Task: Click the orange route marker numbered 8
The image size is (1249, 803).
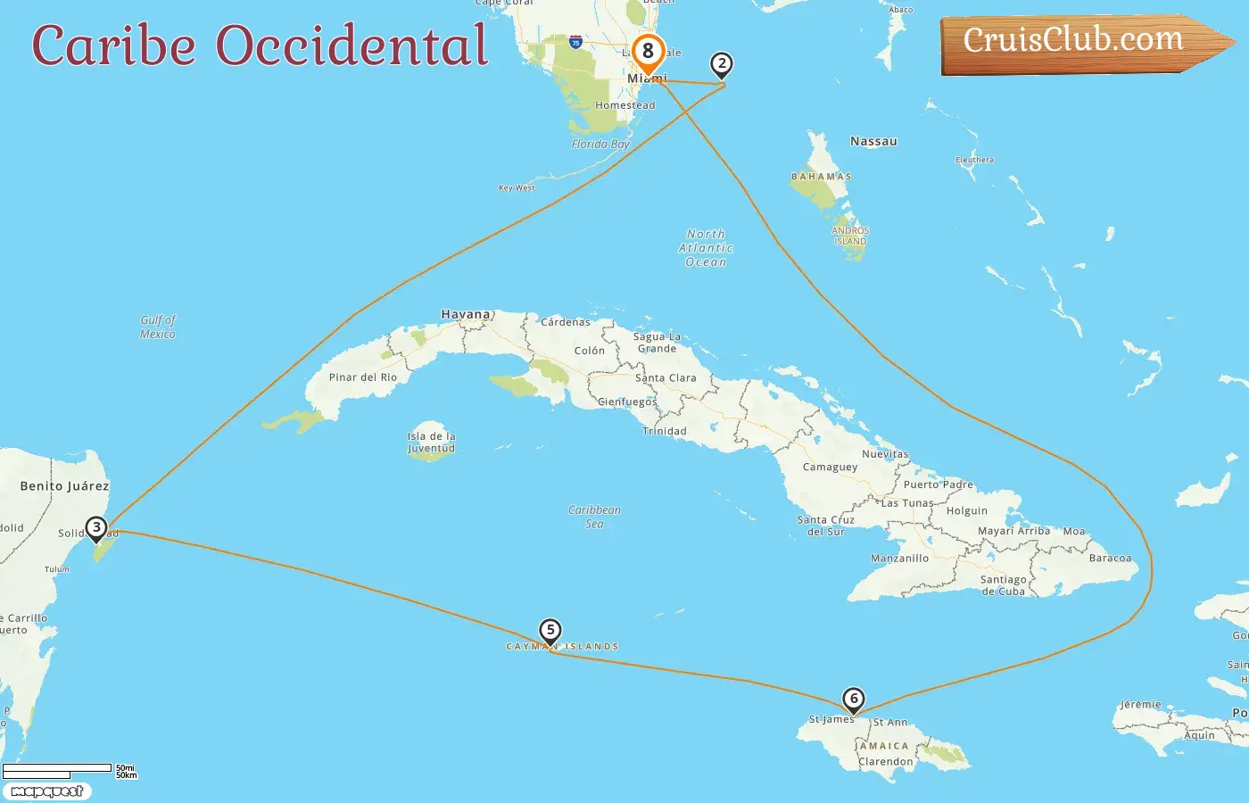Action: (x=649, y=52)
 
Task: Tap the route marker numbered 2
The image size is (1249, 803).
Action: (x=722, y=64)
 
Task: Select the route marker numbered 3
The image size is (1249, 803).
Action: (x=96, y=527)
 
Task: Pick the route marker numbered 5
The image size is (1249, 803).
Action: (x=550, y=631)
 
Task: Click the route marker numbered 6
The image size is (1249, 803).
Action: (x=854, y=699)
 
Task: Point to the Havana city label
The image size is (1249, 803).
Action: (x=466, y=314)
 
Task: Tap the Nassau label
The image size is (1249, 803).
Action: (x=873, y=141)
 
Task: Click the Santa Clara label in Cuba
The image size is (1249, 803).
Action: (x=666, y=378)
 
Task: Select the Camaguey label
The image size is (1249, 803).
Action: (x=830, y=467)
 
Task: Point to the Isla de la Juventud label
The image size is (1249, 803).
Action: (x=432, y=443)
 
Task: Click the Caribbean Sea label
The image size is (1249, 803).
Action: (x=595, y=517)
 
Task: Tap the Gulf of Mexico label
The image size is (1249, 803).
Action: (x=158, y=327)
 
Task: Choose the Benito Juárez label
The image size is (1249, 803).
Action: (x=64, y=486)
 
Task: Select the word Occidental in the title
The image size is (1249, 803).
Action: (x=352, y=46)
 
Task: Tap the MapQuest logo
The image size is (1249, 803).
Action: (x=46, y=791)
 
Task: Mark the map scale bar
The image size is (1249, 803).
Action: (x=57, y=770)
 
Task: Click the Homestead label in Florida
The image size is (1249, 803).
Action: (x=624, y=105)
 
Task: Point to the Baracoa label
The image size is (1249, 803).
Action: (x=1110, y=559)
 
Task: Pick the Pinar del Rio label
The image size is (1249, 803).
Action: (x=362, y=377)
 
